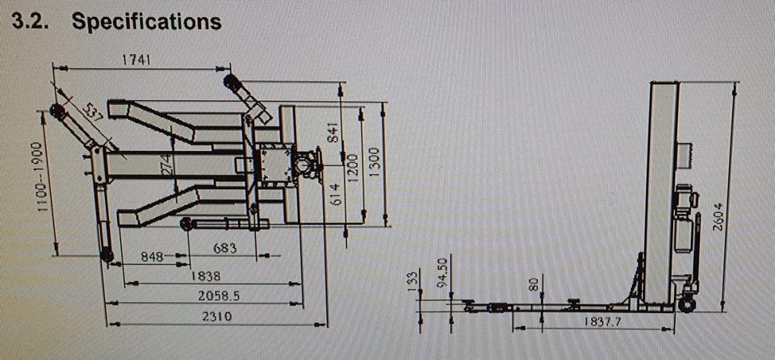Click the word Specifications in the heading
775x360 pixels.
coord(146,22)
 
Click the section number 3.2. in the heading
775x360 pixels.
coord(31,21)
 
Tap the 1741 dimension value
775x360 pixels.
coord(136,60)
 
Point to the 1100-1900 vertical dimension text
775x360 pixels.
coord(43,177)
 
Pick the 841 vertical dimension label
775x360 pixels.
coord(334,132)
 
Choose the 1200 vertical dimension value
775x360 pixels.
coord(354,167)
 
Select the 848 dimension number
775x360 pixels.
coord(153,256)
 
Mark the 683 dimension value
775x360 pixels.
coord(225,248)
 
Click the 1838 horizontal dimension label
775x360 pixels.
coord(206,275)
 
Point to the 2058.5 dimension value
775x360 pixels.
coord(219,295)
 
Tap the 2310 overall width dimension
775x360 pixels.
coord(217,316)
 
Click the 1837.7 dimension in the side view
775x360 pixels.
coord(603,321)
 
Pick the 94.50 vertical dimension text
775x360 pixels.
coord(443,271)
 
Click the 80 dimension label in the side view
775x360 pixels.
coord(534,284)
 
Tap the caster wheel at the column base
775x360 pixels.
coord(687,304)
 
